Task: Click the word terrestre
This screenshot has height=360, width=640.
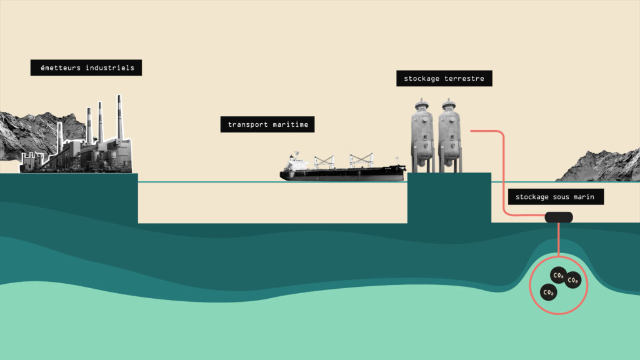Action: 464,79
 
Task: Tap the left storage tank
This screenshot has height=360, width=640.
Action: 422,134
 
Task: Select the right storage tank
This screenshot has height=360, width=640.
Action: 449,134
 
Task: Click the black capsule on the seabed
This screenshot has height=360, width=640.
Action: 559,217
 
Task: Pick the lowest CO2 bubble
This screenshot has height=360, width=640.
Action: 548,292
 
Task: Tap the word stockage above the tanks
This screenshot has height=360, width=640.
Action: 422,79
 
